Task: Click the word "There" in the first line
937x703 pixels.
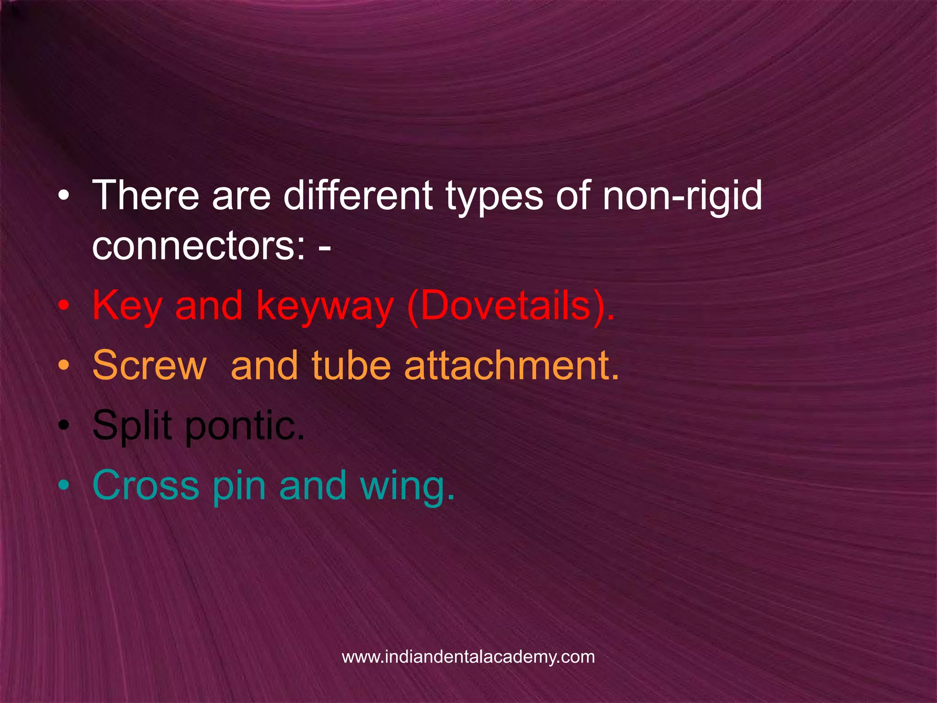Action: click(x=146, y=195)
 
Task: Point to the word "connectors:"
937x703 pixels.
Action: click(x=199, y=246)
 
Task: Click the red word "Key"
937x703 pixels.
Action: click(x=127, y=307)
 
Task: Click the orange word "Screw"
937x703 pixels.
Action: click(x=150, y=366)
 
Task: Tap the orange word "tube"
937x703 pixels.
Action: click(x=351, y=366)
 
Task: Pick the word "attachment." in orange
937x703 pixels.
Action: click(x=512, y=366)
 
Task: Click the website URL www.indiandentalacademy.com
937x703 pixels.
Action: click(x=468, y=657)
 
